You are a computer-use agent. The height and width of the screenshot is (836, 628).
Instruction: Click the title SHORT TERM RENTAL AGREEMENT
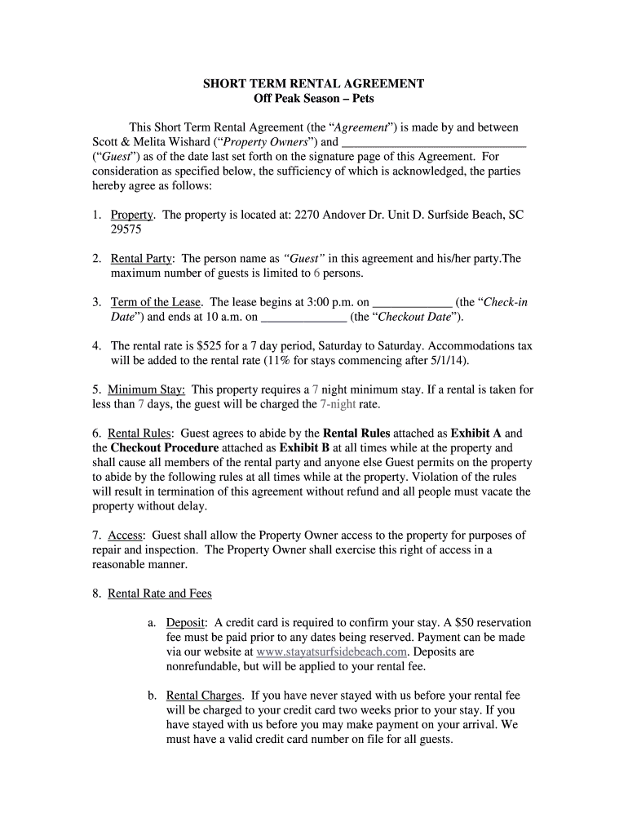point(313,84)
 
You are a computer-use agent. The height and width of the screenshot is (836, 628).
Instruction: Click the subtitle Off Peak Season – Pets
point(313,99)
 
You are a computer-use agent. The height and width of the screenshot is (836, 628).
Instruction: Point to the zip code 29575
point(126,230)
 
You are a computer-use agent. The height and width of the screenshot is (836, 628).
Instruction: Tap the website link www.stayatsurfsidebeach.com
point(331,652)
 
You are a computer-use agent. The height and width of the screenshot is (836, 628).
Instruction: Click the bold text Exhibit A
point(475,434)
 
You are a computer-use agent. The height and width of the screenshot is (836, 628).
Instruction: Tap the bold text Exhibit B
point(304,448)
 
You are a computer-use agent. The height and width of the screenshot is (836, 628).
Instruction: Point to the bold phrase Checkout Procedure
point(165,448)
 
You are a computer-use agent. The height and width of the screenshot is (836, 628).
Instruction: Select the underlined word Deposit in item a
point(187,623)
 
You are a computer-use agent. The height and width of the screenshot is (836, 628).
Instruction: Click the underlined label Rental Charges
point(204,696)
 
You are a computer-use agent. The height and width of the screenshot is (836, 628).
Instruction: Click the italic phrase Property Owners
point(268,142)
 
